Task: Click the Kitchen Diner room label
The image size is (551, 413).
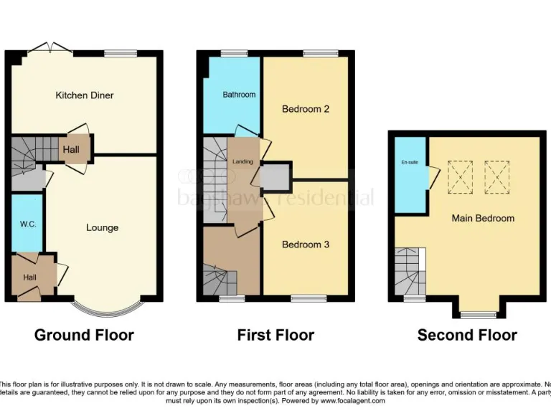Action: (x=85, y=95)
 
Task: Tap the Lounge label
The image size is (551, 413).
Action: (x=102, y=228)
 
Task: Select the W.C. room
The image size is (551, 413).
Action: (x=27, y=223)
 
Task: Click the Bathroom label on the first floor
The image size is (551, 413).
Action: (x=238, y=95)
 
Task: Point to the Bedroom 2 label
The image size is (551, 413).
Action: (x=306, y=109)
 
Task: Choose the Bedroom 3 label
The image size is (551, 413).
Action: (x=306, y=245)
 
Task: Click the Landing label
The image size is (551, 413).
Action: (x=242, y=162)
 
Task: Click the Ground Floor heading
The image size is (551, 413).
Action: (x=84, y=335)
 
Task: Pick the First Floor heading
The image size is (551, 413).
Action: (x=275, y=335)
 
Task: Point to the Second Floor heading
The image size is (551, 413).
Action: (x=467, y=335)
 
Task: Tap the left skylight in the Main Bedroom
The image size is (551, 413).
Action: (x=461, y=176)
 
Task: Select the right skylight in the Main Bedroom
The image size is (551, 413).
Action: (x=496, y=176)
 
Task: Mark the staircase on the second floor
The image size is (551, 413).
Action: (x=410, y=271)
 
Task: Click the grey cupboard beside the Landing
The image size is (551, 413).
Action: (x=275, y=177)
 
